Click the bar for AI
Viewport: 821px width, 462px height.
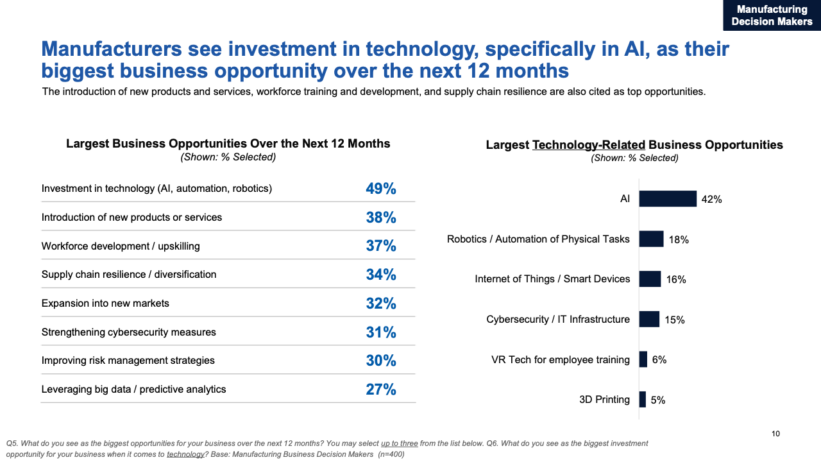tap(668, 199)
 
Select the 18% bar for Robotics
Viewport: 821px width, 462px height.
tap(651, 239)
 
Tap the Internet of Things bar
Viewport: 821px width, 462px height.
tap(650, 279)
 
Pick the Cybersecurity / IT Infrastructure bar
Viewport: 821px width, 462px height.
tap(649, 319)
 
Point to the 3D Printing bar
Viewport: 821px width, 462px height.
tap(643, 399)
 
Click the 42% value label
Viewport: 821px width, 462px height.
tap(711, 200)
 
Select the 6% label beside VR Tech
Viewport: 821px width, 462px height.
tap(659, 360)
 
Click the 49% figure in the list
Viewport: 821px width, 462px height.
tap(381, 189)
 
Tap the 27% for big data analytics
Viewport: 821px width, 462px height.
tap(381, 389)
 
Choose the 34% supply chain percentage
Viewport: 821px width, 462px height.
tap(381, 275)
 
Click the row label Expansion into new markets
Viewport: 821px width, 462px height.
tap(105, 303)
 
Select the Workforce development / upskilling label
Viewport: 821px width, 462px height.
tap(121, 246)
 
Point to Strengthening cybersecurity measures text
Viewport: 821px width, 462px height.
tap(128, 332)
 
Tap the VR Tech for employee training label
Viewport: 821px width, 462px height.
tap(560, 359)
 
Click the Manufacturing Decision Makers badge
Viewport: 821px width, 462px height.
tap(772, 15)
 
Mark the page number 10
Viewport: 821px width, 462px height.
tap(775, 434)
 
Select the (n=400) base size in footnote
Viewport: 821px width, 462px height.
tap(391, 454)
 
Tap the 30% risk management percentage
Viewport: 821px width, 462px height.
tap(381, 361)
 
